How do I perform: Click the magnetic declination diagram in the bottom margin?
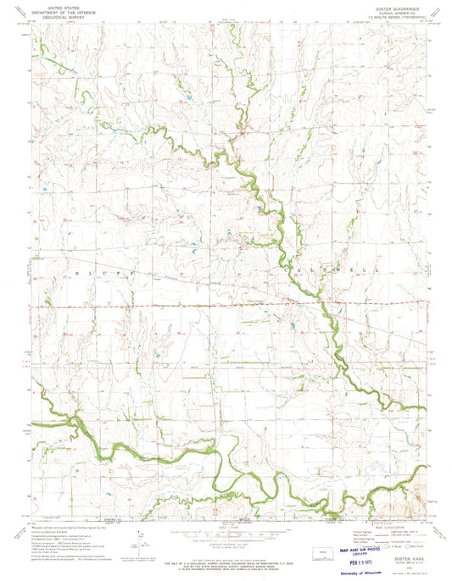tap(139, 535)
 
